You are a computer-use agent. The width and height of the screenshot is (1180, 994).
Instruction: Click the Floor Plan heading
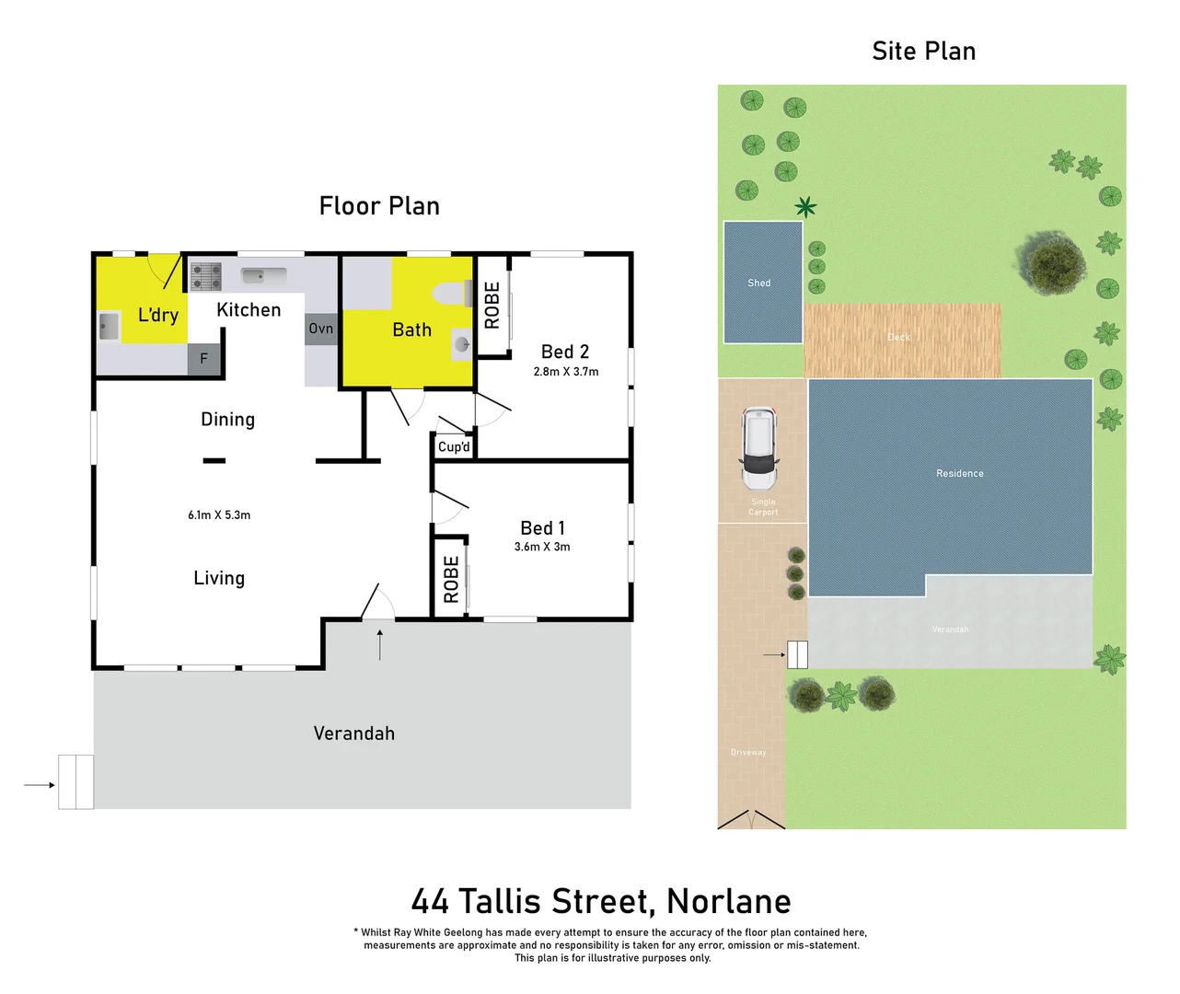click(379, 206)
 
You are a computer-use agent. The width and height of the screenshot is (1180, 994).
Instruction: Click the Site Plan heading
click(923, 52)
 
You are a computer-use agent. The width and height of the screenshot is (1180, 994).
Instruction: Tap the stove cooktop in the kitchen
click(205, 276)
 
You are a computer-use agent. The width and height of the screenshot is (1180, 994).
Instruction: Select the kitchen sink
click(264, 275)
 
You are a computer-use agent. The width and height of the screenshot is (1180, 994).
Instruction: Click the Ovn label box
click(321, 329)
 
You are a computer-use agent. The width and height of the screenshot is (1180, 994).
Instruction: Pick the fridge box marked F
click(204, 359)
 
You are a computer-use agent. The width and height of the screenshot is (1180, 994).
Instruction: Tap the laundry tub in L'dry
click(109, 326)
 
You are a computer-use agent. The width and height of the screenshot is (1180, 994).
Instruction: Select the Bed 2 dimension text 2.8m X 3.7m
click(565, 372)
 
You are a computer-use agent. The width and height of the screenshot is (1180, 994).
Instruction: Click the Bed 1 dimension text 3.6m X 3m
click(542, 547)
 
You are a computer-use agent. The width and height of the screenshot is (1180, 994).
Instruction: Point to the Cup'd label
click(454, 446)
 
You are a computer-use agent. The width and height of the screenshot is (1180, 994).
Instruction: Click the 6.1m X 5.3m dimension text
click(219, 515)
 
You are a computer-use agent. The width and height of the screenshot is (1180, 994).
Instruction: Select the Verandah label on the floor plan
click(353, 734)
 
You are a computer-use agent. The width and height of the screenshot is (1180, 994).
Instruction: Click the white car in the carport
click(759, 448)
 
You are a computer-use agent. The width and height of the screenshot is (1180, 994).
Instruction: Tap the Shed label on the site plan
click(759, 283)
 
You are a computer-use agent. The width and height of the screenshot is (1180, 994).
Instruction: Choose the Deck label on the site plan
click(898, 337)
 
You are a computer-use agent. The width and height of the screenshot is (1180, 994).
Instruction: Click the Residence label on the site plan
click(959, 473)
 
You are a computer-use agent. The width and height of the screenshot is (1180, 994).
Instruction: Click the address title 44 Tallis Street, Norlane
click(601, 901)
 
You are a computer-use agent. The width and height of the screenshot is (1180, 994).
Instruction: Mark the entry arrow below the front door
click(379, 644)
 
